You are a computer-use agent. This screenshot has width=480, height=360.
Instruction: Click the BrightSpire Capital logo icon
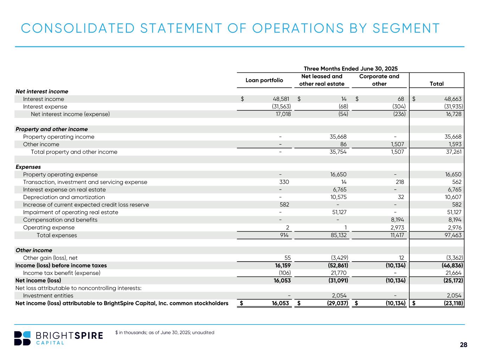click(x=22, y=338)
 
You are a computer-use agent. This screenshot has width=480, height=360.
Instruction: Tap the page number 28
click(x=463, y=345)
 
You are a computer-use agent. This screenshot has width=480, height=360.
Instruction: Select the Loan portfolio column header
click(x=264, y=80)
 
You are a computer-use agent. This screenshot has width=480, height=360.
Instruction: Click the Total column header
click(x=436, y=84)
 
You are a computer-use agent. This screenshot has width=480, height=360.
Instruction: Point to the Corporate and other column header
click(x=379, y=80)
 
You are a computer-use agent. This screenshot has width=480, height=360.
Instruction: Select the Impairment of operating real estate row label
click(x=70, y=212)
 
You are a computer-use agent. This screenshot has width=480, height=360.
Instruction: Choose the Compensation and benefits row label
click(x=60, y=220)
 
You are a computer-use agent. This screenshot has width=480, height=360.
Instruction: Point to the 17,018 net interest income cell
click(x=282, y=114)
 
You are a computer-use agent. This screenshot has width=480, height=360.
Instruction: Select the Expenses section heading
click(x=28, y=167)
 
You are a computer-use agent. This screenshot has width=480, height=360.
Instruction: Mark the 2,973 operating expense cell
click(x=396, y=227)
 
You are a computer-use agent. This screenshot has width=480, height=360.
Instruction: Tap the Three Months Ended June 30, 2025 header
click(x=350, y=69)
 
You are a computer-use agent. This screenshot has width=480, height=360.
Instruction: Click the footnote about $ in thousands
click(x=165, y=332)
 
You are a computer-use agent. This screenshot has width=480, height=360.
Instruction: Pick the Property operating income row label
click(x=58, y=137)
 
